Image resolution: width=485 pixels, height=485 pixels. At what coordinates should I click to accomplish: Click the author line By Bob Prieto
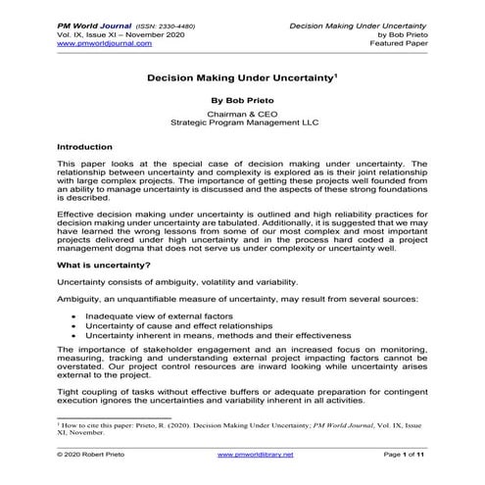[x=243, y=101]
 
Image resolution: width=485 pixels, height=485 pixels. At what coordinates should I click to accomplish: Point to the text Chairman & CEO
[x=243, y=115]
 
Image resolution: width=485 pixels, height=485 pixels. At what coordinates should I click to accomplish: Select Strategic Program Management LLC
[x=243, y=125]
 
